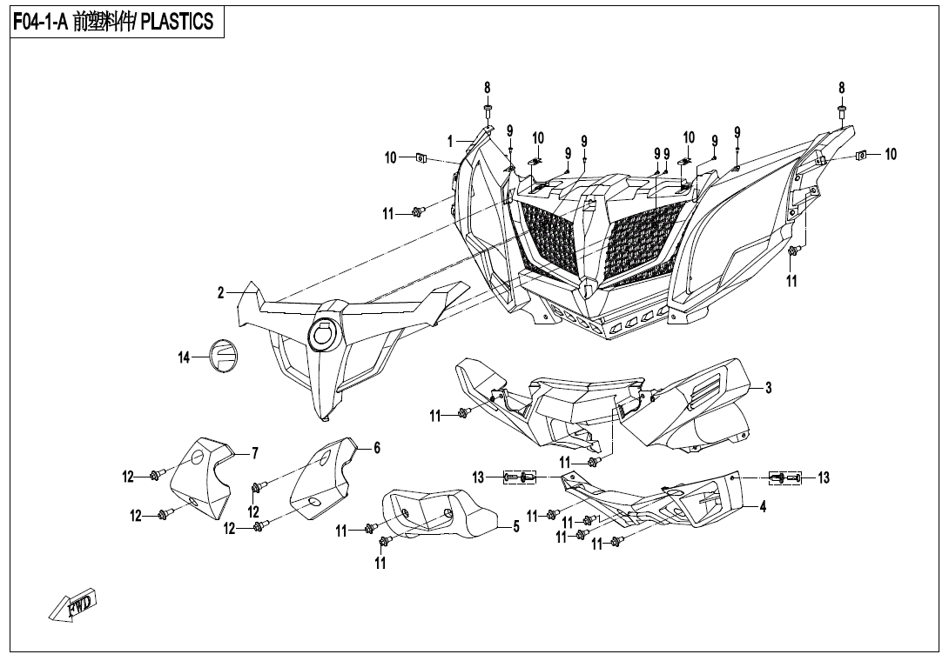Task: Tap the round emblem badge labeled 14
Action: click(224, 355)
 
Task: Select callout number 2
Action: click(221, 293)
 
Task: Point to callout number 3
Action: click(768, 388)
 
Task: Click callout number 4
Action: click(763, 507)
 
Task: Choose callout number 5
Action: click(515, 527)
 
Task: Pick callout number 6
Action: click(376, 448)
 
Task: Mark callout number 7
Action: click(255, 452)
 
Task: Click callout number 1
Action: click(450, 142)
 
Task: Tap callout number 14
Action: click(184, 358)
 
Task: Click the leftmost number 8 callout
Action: click(488, 88)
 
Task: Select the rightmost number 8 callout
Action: click(841, 88)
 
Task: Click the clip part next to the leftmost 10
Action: click(422, 158)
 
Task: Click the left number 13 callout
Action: click(478, 477)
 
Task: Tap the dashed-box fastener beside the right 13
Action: click(785, 477)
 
